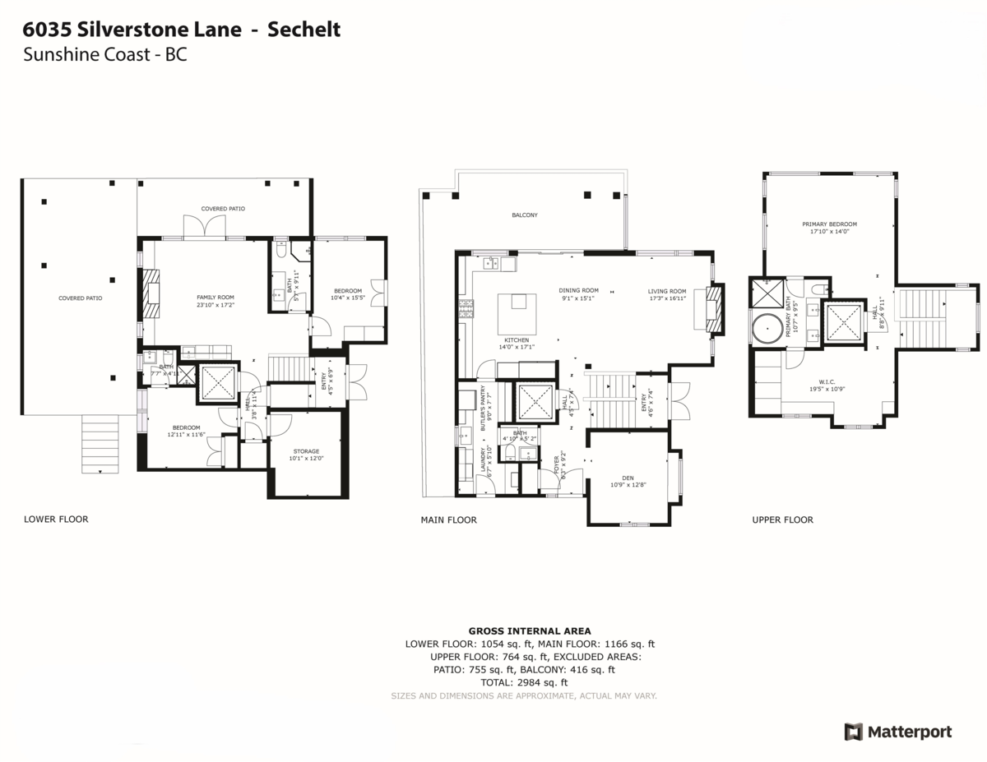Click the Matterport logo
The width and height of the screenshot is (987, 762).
point(897,732)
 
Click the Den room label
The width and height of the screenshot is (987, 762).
point(628,480)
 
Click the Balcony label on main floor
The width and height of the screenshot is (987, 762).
point(525,215)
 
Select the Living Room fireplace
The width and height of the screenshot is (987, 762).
point(716,310)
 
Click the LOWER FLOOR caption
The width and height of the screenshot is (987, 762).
point(56,520)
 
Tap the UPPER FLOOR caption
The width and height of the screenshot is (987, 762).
point(782,520)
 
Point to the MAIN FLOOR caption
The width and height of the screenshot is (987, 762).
point(448,520)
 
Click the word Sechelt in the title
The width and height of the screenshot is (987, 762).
point(304,30)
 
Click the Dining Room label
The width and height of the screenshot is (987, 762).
point(578,291)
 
